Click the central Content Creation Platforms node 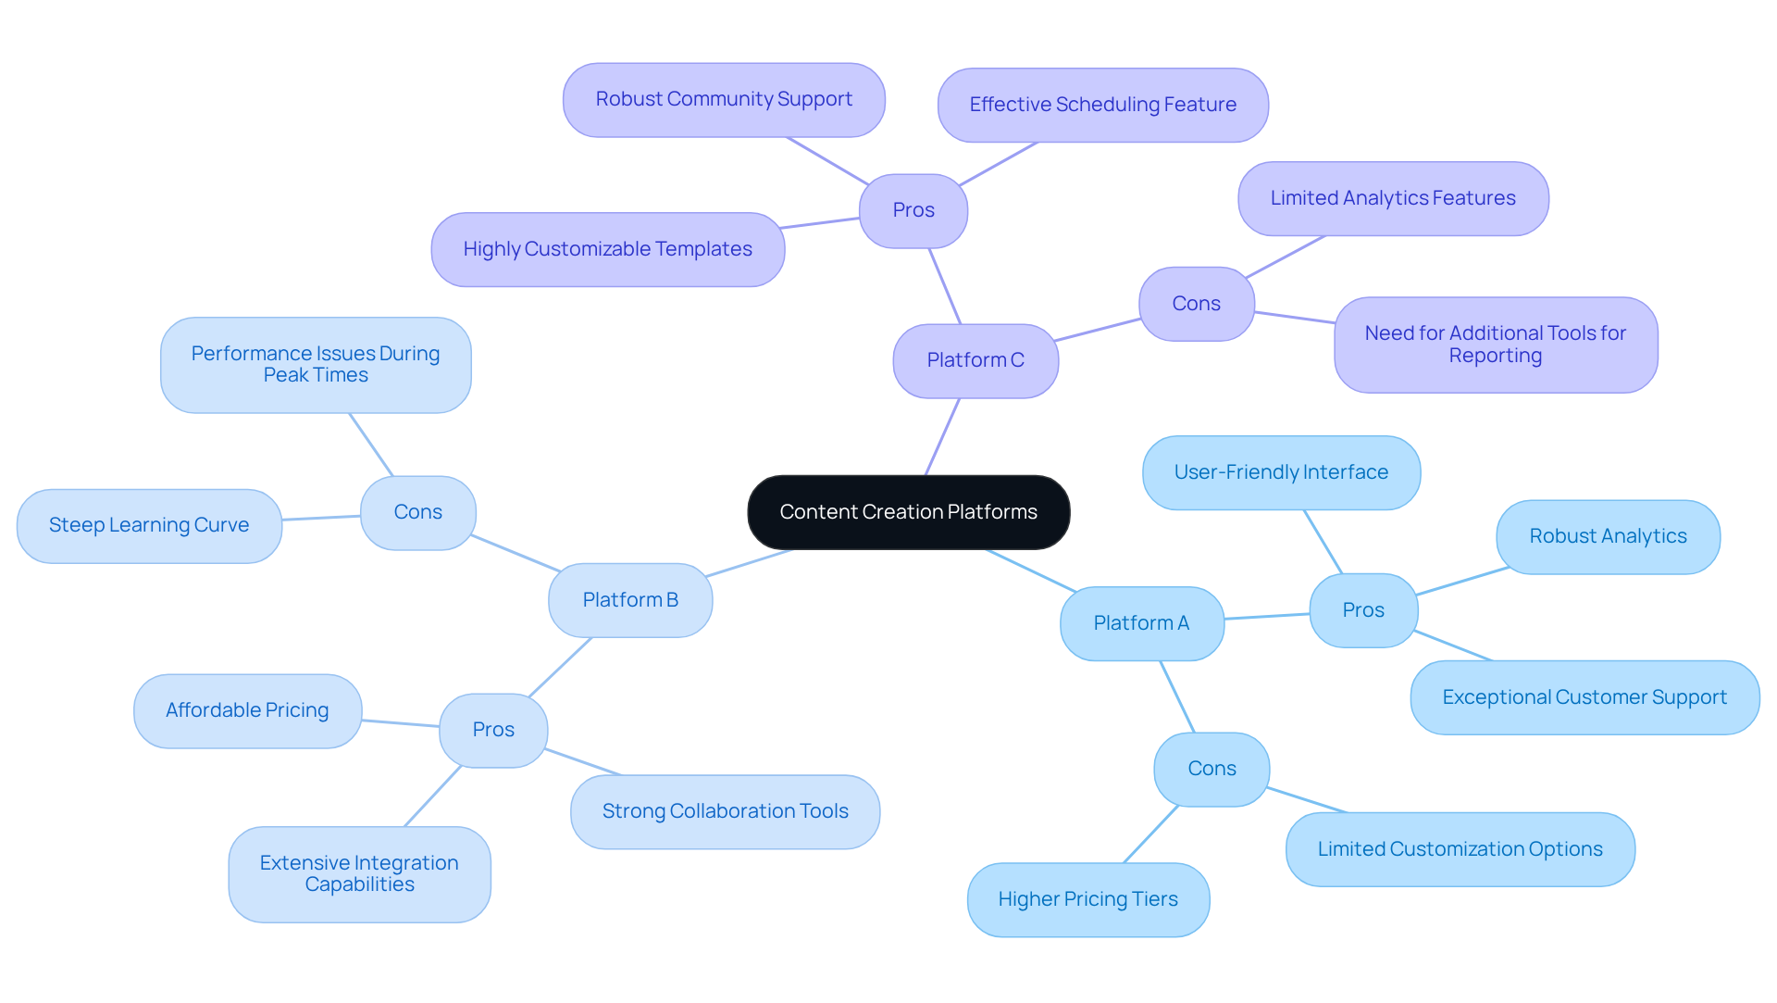tap(908, 512)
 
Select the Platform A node tap(1141, 623)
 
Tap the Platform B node tap(630, 600)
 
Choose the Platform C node tap(975, 360)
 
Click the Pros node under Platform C tap(913, 210)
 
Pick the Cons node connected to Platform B tap(417, 512)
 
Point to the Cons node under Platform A tap(1212, 769)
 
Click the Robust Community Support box tap(724, 99)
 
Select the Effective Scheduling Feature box tap(1102, 105)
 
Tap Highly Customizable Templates tap(607, 249)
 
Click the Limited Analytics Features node tap(1392, 198)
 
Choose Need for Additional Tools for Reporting tap(1495, 345)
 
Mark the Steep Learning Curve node tap(149, 525)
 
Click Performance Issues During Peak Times tap(316, 365)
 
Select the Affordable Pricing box tap(247, 710)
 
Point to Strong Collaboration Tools tap(725, 811)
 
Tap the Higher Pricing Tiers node tap(1087, 899)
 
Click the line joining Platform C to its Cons tap(1099, 330)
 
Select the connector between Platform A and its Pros tap(1267, 616)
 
